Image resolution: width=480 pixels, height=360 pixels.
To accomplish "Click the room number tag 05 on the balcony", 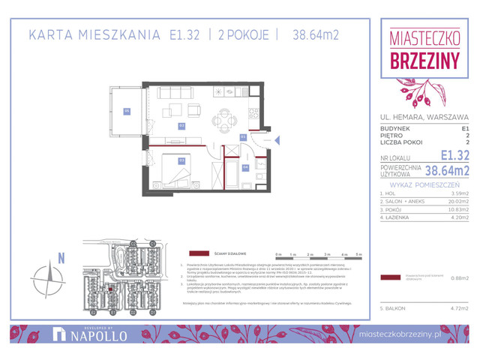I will (x=127, y=111).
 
